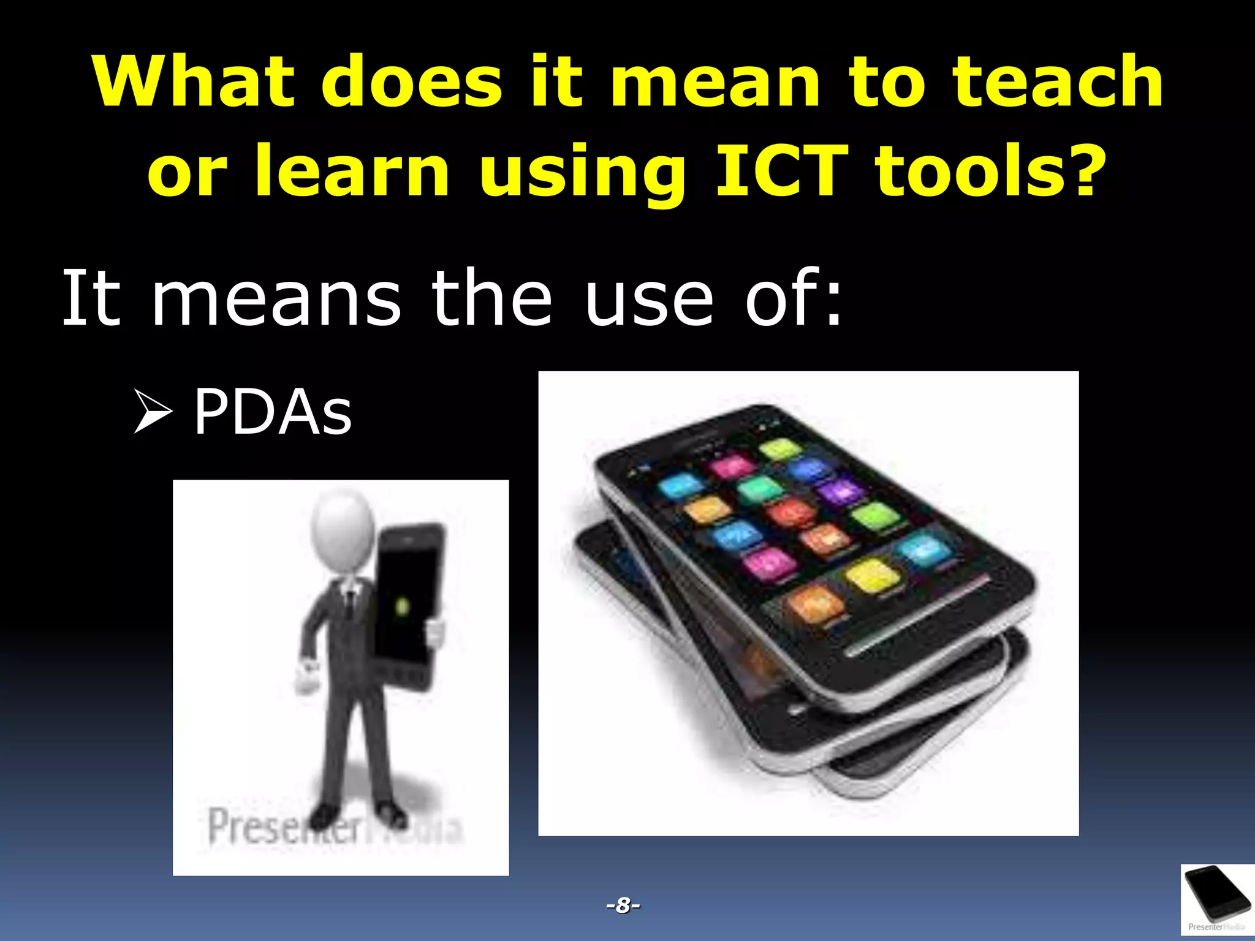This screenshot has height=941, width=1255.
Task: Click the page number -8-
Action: (623, 905)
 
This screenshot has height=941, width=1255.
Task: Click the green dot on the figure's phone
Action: (403, 607)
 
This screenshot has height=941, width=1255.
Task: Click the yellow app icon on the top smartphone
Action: (869, 576)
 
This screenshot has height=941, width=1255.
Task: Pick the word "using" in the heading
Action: (582, 172)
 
